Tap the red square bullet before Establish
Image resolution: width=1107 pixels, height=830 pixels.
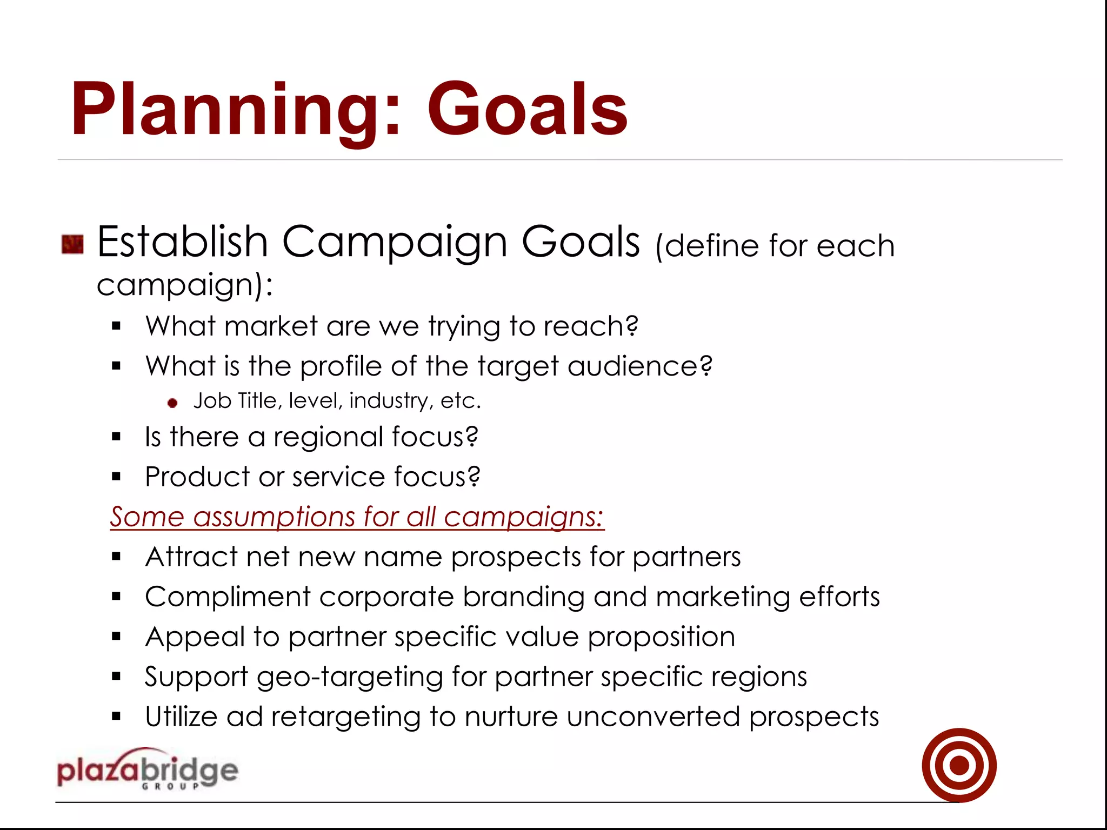[72, 244]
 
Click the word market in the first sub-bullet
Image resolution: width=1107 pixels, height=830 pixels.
[270, 326]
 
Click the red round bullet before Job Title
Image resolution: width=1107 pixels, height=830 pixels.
[172, 403]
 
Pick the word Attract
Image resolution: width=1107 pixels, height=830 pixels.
[191, 557]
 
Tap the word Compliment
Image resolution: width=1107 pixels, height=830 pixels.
[228, 597]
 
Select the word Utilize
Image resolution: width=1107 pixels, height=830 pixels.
[181, 717]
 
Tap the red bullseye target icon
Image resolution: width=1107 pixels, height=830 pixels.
[959, 765]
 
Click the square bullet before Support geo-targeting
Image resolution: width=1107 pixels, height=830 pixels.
[116, 676]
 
